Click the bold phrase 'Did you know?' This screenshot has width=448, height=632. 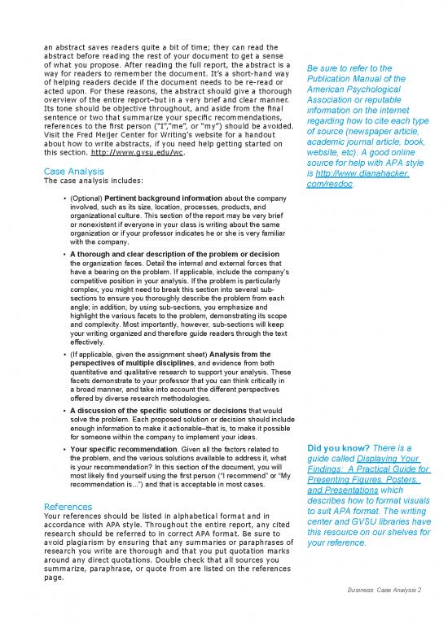336,448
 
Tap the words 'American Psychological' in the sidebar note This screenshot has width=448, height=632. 356,91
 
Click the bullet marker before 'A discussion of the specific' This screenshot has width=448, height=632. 64,412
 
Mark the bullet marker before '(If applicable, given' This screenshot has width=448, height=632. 64,355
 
